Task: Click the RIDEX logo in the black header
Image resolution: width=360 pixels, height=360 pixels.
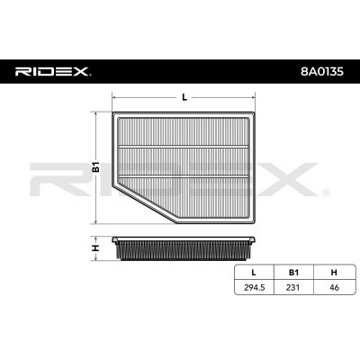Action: (x=53, y=72)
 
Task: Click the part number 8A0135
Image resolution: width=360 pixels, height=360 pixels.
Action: (x=322, y=72)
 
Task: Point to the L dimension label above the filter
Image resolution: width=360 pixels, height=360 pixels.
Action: (x=184, y=97)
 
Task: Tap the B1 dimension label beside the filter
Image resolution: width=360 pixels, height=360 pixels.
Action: (x=95, y=167)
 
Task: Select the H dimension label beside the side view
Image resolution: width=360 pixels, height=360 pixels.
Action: (x=95, y=248)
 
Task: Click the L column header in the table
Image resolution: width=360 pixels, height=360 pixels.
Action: (x=254, y=272)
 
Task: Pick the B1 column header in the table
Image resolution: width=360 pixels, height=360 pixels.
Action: (x=293, y=272)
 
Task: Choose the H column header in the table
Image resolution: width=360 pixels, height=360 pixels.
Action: (x=334, y=272)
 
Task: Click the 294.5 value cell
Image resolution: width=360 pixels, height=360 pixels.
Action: (x=255, y=287)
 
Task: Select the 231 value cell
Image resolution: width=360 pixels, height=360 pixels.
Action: (x=292, y=287)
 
